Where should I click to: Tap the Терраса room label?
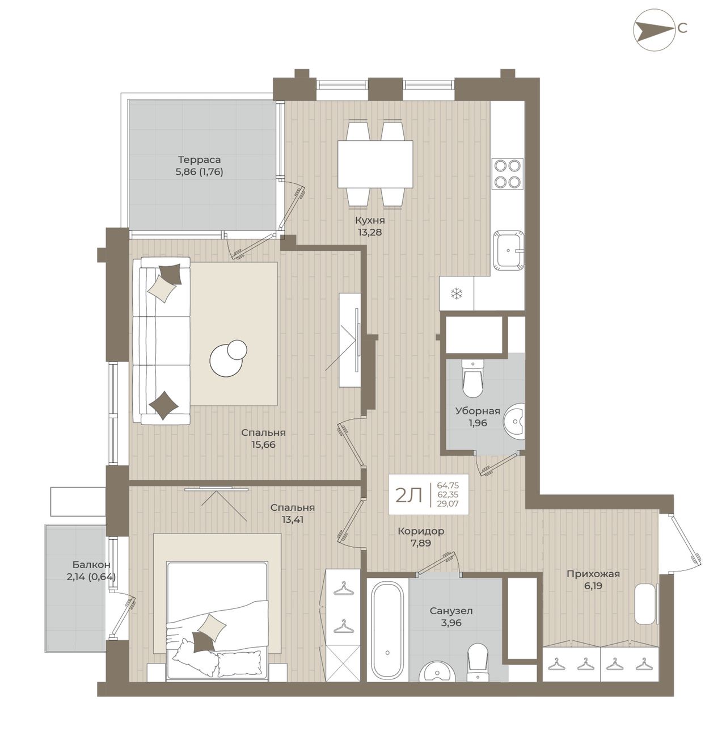pyautogui.click(x=199, y=159)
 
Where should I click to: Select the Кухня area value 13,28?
pyautogui.click(x=369, y=232)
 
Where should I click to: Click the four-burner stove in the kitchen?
pyautogui.click(x=507, y=174)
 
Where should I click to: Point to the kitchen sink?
pyautogui.click(x=509, y=250)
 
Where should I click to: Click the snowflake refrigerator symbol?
pyautogui.click(x=457, y=293)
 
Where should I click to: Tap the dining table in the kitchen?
pyautogui.click(x=375, y=164)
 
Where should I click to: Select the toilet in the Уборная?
pyautogui.click(x=473, y=377)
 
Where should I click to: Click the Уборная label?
pyautogui.click(x=478, y=411)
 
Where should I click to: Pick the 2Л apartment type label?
pyautogui.click(x=409, y=496)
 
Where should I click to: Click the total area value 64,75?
pyautogui.click(x=448, y=485)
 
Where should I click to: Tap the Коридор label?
pyautogui.click(x=421, y=531)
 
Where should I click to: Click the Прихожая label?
pyautogui.click(x=593, y=574)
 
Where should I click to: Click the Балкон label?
pyautogui.click(x=91, y=565)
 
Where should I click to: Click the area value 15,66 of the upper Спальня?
pyautogui.click(x=263, y=445)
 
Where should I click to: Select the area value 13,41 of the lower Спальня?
pyautogui.click(x=292, y=519)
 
